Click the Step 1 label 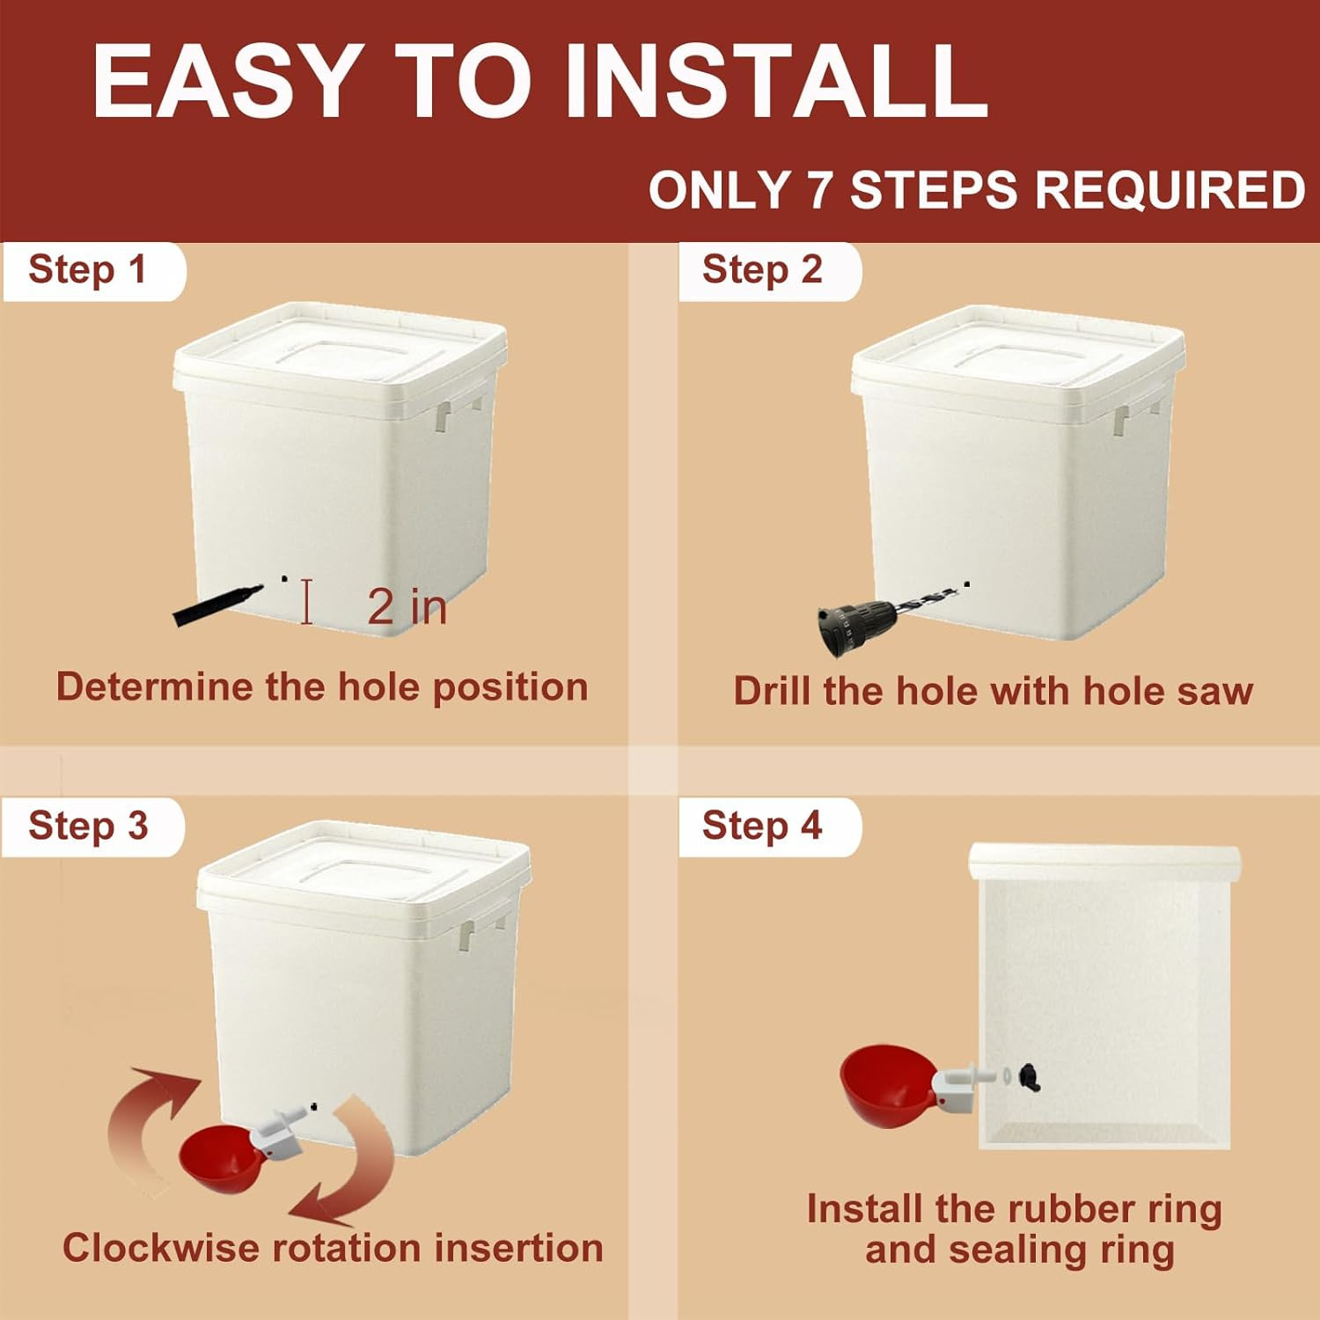point(87,269)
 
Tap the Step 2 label point(762,269)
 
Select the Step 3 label point(88,826)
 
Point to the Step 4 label point(762,826)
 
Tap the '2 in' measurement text point(407,606)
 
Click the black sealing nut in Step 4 point(1029,1077)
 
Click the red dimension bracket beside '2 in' point(306,602)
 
